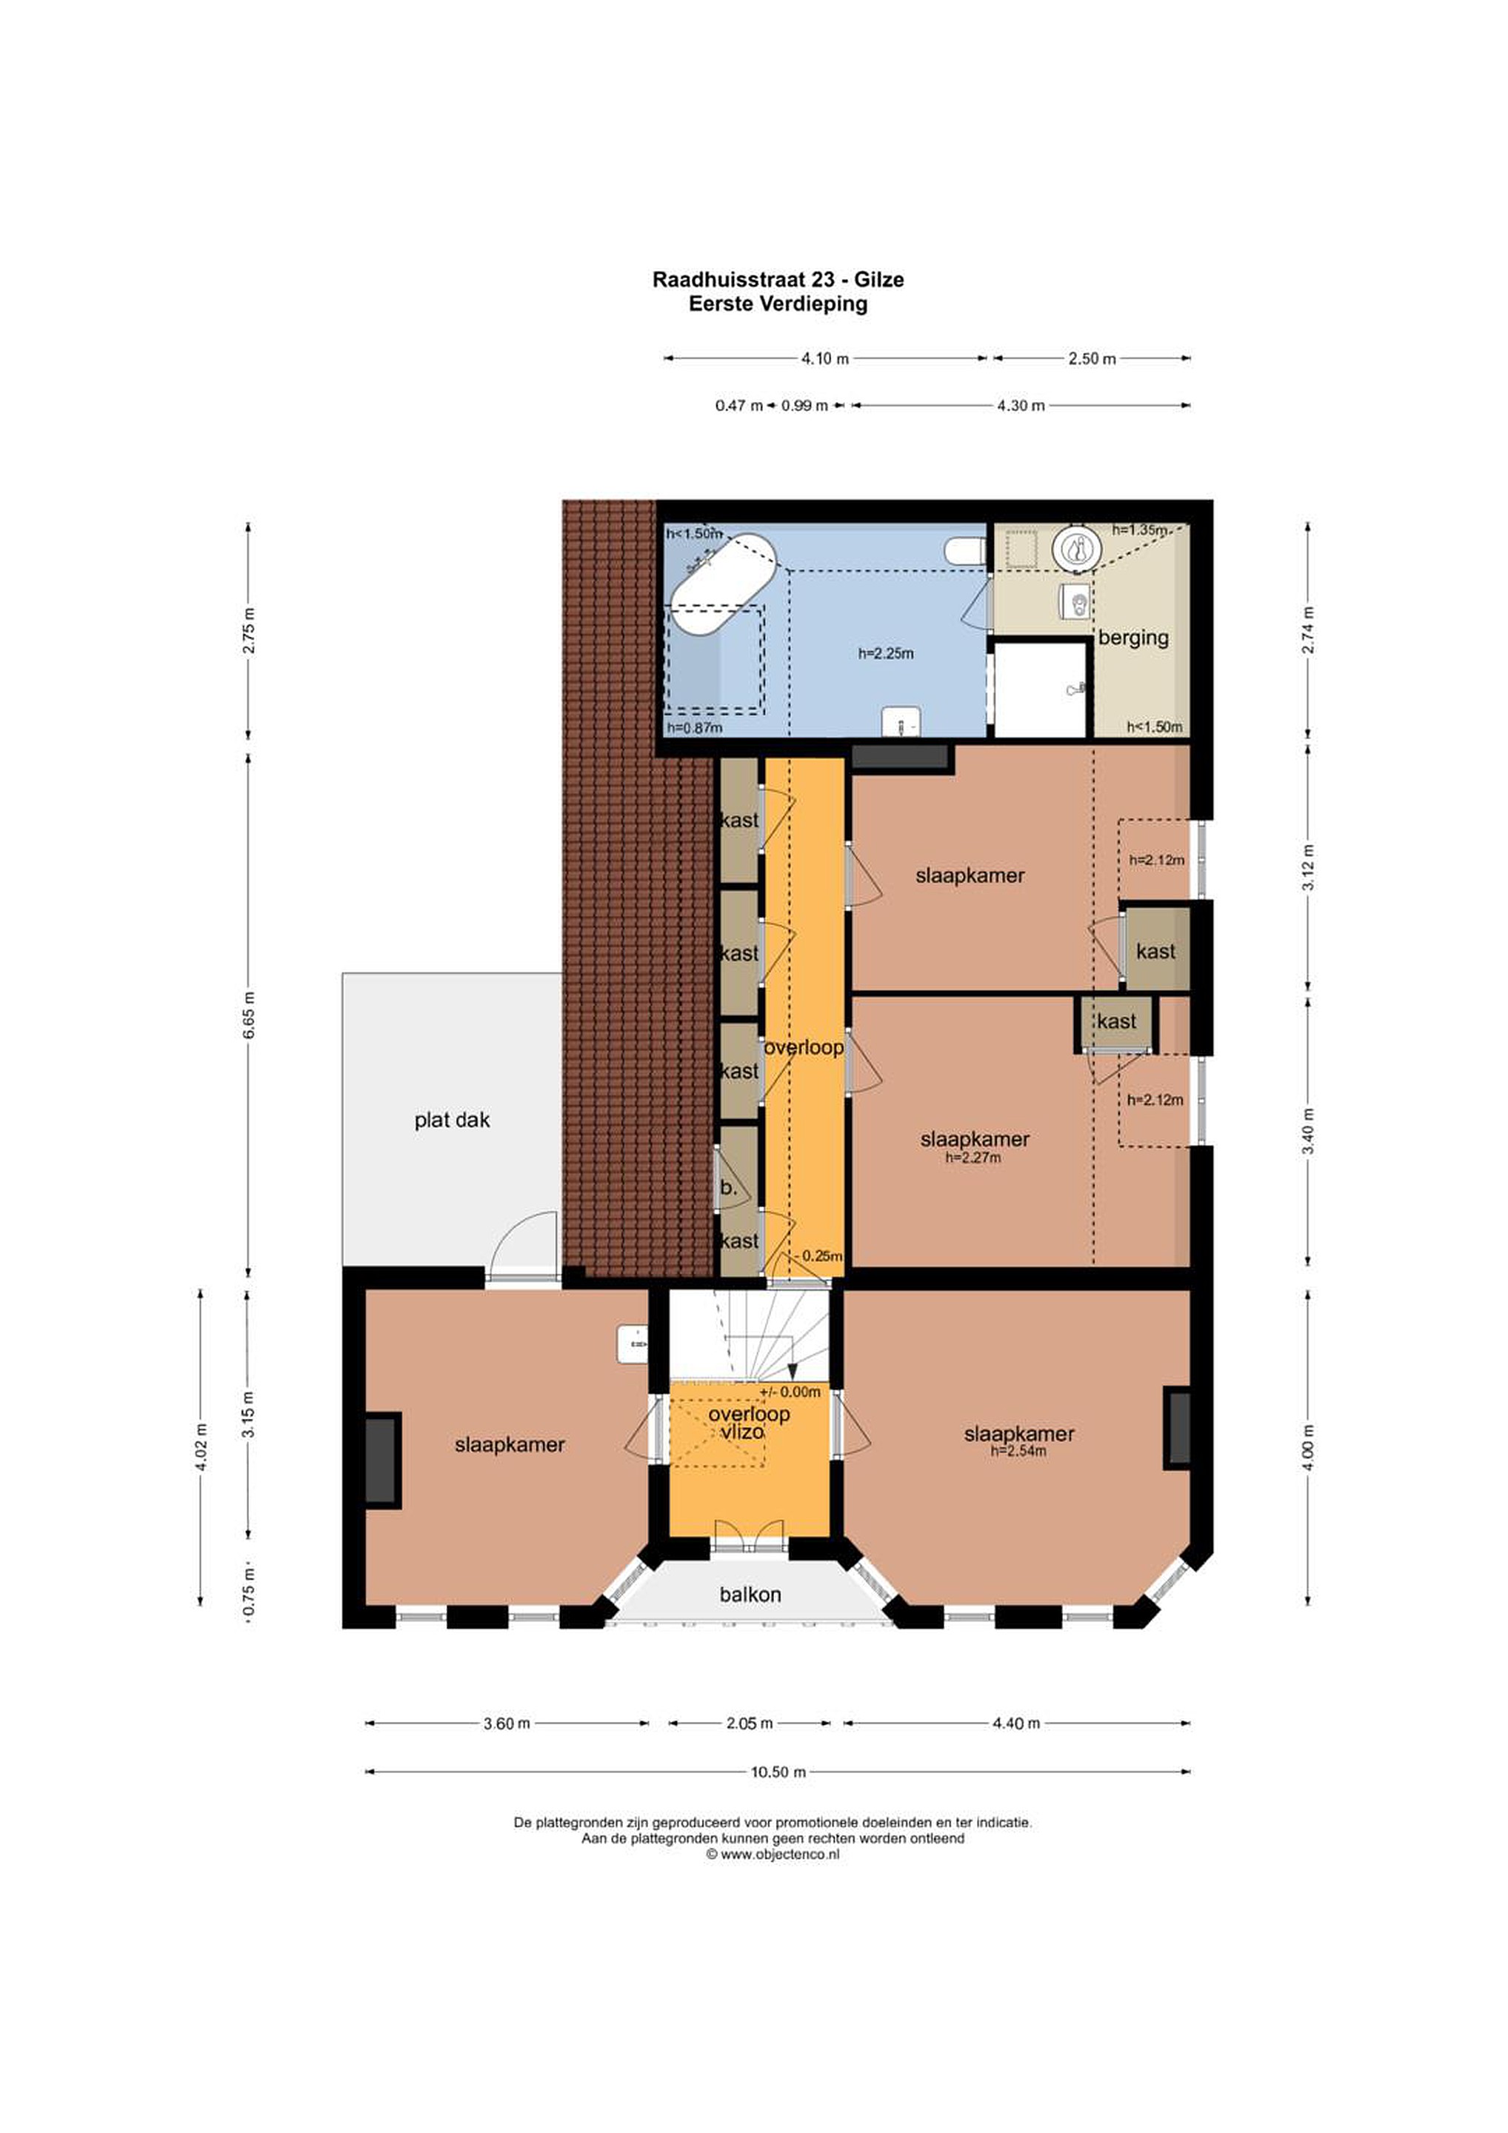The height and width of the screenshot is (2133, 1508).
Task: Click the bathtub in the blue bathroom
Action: (x=724, y=584)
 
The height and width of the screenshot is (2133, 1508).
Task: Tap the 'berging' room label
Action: (x=1132, y=638)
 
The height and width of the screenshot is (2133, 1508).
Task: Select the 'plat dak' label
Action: (x=452, y=1121)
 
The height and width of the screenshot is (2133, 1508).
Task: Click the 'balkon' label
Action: (x=750, y=1594)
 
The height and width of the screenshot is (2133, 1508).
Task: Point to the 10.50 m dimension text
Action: (x=778, y=1772)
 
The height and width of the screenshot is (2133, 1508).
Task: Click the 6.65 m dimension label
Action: (x=248, y=1015)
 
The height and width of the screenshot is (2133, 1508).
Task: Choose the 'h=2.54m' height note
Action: (x=1019, y=1451)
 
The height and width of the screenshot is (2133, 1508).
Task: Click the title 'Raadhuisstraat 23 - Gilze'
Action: (x=778, y=280)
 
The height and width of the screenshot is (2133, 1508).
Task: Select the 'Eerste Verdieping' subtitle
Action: (x=778, y=304)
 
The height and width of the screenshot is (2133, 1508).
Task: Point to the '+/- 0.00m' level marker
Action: (x=790, y=1392)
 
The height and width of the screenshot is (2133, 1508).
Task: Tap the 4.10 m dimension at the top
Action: (x=825, y=358)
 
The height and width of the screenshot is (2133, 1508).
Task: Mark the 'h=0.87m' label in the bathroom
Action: (x=694, y=727)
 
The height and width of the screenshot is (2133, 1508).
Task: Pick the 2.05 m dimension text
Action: (x=749, y=1723)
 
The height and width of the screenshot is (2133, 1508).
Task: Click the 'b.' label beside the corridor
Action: (x=729, y=1187)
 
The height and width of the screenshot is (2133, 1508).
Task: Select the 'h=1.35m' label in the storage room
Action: (x=1140, y=530)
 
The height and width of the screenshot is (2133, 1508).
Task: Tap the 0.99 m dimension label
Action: (x=804, y=406)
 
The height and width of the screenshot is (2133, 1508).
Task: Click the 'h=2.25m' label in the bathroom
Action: (x=886, y=653)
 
